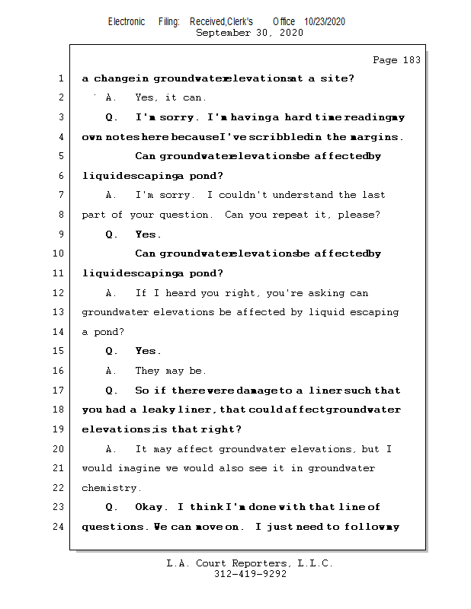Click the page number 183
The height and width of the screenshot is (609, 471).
[x=412, y=60]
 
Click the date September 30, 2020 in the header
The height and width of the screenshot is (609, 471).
[x=249, y=33]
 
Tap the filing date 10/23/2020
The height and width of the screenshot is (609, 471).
[x=325, y=21]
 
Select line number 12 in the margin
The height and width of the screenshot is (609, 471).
[x=60, y=293]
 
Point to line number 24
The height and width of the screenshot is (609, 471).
[x=60, y=527]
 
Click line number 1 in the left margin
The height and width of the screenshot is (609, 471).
[x=60, y=78]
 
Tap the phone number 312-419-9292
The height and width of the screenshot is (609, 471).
[x=250, y=575]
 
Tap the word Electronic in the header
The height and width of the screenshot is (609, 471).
[x=127, y=21]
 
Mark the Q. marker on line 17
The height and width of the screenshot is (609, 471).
[x=112, y=391]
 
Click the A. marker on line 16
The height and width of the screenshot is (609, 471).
[x=111, y=371]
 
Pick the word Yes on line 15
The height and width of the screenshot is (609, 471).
[x=148, y=351]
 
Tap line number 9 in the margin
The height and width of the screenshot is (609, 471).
[x=60, y=234]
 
